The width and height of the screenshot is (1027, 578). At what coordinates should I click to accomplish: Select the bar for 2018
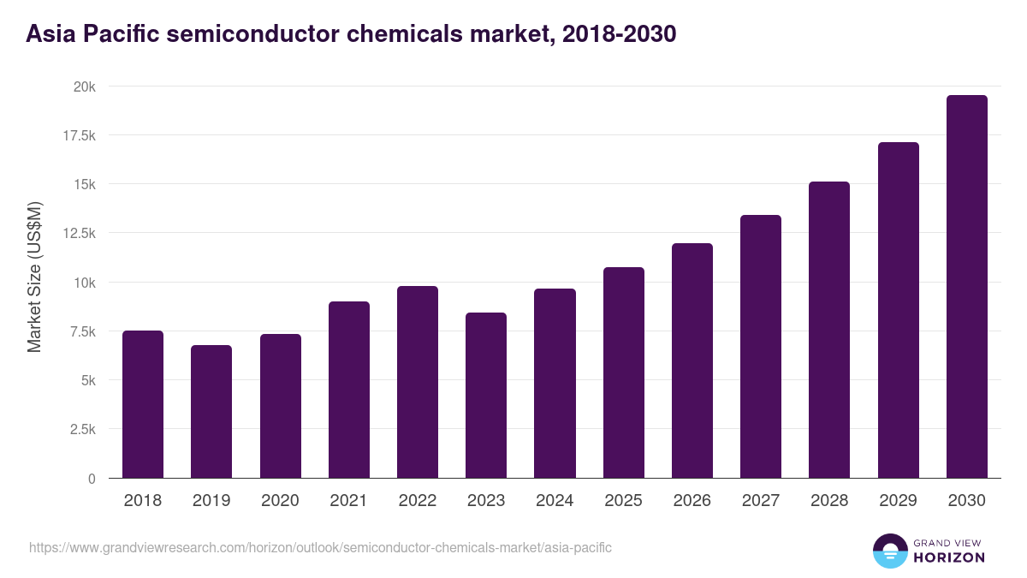click(143, 404)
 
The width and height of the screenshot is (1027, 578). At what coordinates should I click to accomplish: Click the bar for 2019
click(211, 411)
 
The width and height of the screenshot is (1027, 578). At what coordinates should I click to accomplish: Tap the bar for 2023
click(486, 396)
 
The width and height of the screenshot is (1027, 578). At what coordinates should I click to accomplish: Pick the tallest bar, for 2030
click(966, 287)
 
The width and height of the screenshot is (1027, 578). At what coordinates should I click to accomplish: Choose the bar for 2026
click(692, 361)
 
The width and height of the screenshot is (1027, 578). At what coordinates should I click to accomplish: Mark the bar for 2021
click(348, 390)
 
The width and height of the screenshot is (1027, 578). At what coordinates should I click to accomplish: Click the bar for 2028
click(829, 330)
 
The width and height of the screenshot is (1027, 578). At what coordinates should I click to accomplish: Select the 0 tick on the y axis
click(92, 479)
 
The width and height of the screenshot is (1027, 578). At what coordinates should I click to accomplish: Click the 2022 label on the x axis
click(417, 501)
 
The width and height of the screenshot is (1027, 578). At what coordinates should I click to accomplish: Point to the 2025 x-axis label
click(623, 501)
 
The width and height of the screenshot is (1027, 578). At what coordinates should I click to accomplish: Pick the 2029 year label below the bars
click(898, 501)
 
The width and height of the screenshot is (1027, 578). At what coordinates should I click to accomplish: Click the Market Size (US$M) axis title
click(34, 277)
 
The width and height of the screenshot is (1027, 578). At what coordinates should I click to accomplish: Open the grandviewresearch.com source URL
click(320, 547)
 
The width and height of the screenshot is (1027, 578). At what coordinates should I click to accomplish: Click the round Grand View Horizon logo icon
click(889, 551)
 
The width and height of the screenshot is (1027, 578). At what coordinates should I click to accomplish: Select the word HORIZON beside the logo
click(948, 557)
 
